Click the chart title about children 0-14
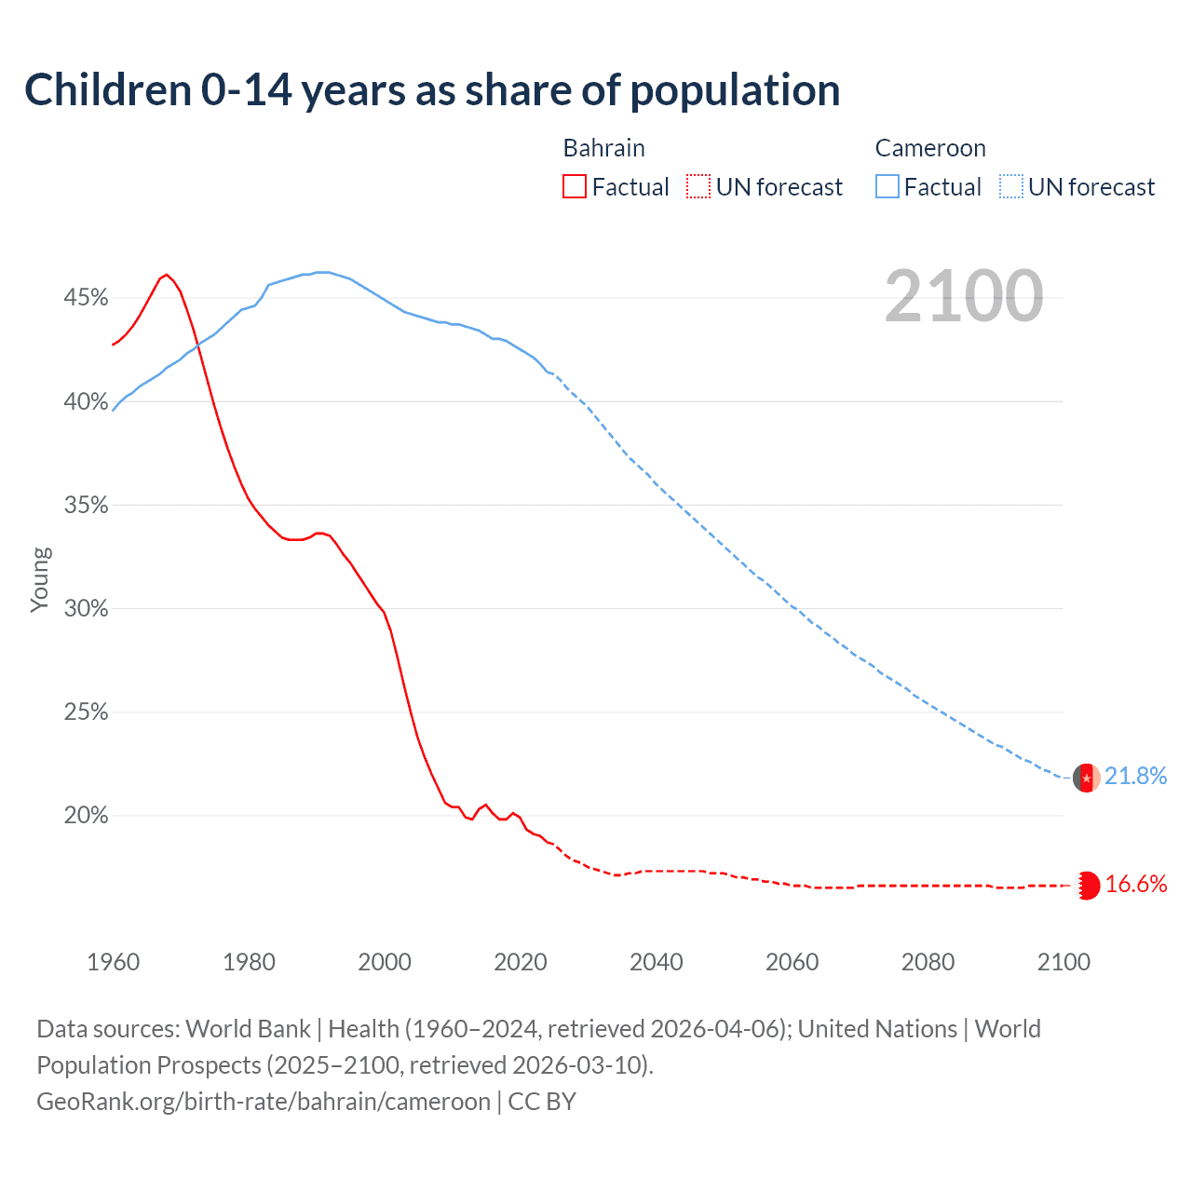[x=432, y=90]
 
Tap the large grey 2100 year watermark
[x=963, y=296]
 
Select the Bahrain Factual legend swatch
[x=575, y=186]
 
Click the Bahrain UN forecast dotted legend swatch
[x=698, y=186]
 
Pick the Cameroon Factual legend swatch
[x=887, y=186]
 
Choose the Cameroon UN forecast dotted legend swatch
[x=1011, y=186]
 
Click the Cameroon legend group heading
[x=929, y=148]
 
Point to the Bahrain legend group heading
[x=603, y=148]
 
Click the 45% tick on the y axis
[x=86, y=298]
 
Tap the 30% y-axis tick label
[x=86, y=609]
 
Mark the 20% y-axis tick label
[x=86, y=816]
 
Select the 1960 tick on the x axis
[x=113, y=962]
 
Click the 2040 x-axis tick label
[x=657, y=962]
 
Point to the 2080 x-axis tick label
[x=928, y=962]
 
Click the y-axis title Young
[x=40, y=579]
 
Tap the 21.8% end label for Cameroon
[x=1135, y=777]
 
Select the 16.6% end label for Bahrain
[x=1135, y=885]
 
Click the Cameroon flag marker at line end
[x=1087, y=777]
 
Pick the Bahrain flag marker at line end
[x=1087, y=886]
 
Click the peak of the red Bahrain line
[x=166, y=275]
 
